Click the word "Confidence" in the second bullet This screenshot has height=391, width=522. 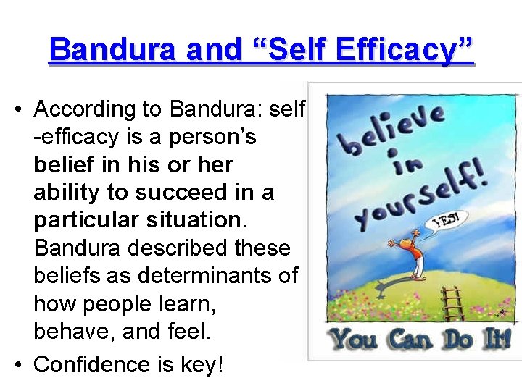coord(95,364)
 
